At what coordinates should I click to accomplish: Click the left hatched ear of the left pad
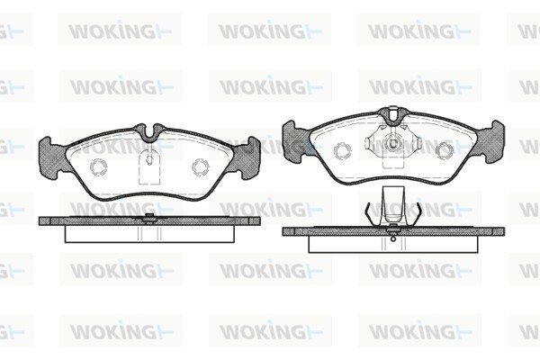[52, 157]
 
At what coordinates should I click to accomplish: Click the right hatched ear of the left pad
[247, 157]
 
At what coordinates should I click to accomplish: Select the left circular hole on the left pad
[98, 167]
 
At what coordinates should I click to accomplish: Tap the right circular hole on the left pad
[201, 167]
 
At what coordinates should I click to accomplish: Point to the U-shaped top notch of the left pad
[149, 132]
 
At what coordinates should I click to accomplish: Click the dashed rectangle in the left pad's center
[149, 169]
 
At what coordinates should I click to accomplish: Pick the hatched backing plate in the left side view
[149, 220]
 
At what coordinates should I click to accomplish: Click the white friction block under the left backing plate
[149, 234]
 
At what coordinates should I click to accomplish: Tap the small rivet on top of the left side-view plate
[149, 216]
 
